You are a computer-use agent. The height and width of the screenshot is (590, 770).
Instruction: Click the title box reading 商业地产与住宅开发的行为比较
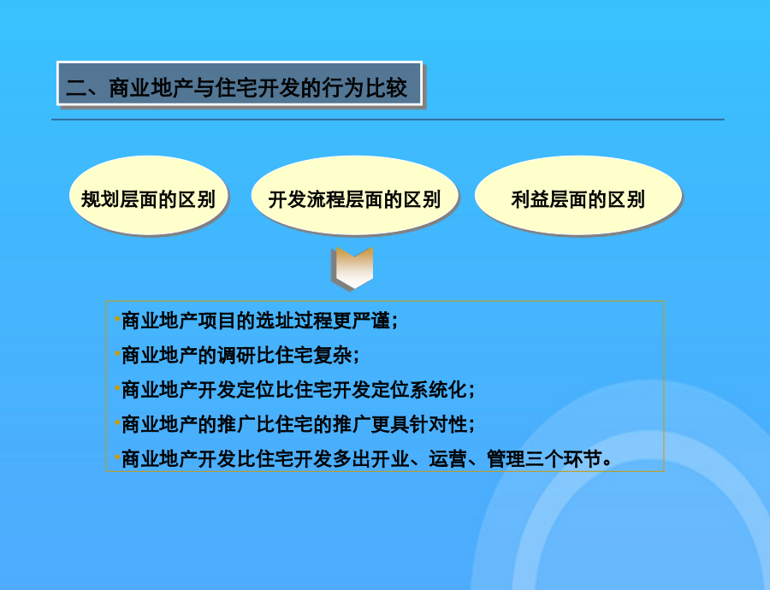(240, 84)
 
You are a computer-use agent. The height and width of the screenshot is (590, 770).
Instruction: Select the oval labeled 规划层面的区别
(148, 195)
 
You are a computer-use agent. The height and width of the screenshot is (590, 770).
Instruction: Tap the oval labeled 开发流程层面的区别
(354, 195)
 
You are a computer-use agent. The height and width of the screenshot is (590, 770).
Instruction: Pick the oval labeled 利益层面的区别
(578, 195)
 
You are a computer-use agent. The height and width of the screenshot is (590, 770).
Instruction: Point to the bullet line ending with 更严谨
(257, 321)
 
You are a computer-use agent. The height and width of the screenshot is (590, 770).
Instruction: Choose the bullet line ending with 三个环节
(364, 459)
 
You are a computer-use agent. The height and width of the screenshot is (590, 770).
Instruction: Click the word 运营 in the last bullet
(447, 459)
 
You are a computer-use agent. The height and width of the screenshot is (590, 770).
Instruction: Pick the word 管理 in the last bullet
(506, 459)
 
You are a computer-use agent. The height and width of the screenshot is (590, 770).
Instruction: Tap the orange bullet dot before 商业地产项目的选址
(117, 319)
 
